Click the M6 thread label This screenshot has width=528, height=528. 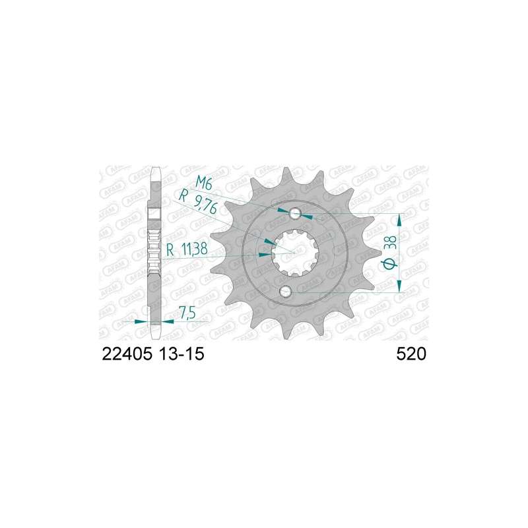pyautogui.click(x=203, y=184)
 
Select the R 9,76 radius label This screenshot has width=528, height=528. pyautogui.click(x=199, y=203)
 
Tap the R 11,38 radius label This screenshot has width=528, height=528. pyautogui.click(x=187, y=250)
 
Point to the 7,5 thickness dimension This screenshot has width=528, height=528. pyautogui.click(x=187, y=313)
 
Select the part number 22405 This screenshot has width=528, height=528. pyautogui.click(x=127, y=354)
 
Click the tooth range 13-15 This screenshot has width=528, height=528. pyautogui.click(x=180, y=354)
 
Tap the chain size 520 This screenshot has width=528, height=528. pyautogui.click(x=411, y=354)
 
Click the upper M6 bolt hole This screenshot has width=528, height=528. pyautogui.click(x=296, y=213)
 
